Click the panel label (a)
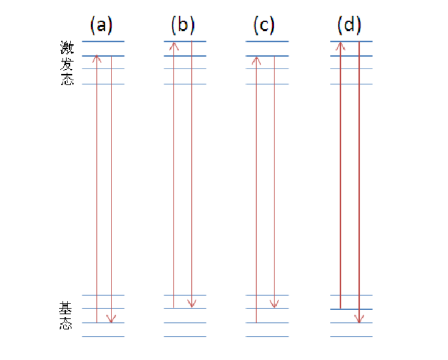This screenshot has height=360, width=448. (x=101, y=25)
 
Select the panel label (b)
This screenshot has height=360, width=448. (x=183, y=25)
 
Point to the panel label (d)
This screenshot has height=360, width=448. (x=349, y=25)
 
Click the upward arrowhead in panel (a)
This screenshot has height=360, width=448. (x=97, y=58)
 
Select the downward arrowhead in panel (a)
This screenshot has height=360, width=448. (x=111, y=318)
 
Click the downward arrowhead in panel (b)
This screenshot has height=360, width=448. (x=191, y=304)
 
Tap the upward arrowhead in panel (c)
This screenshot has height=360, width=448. (x=256, y=59)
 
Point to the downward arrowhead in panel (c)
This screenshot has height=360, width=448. (x=274, y=304)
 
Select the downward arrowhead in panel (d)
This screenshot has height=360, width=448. (x=359, y=318)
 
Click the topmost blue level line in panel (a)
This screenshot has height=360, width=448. (x=103, y=42)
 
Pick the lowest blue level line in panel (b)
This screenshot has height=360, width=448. (x=185, y=337)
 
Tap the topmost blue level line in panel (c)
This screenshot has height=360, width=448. (x=267, y=42)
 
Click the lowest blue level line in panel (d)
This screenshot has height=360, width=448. (x=352, y=337)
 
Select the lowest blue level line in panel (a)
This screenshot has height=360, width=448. (x=103, y=337)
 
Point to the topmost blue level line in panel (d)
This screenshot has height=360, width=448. (x=352, y=42)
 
